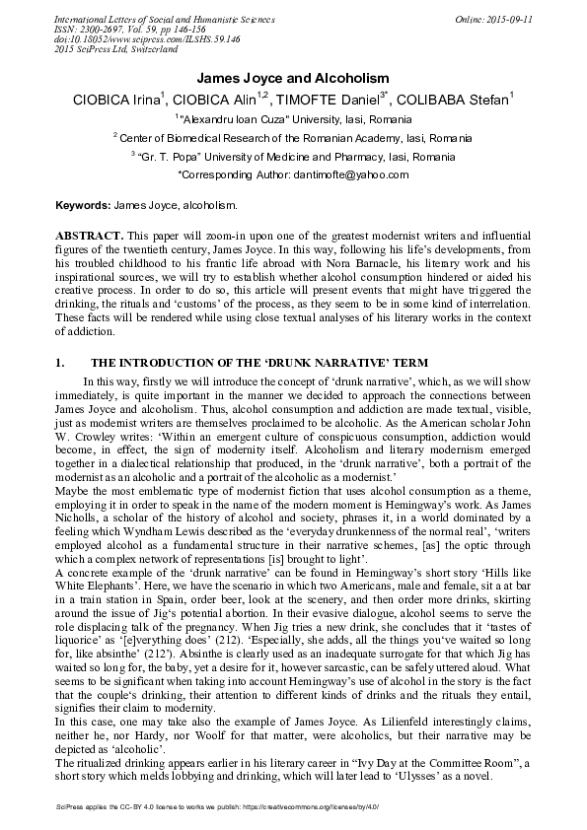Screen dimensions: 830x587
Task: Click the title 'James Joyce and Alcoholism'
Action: pyautogui.click(x=293, y=78)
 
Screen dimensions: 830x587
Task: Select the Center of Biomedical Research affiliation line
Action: pyautogui.click(x=293, y=138)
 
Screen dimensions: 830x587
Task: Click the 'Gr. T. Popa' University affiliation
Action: pyautogui.click(x=293, y=157)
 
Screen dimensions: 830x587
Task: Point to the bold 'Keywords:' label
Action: pyautogui.click(x=83, y=203)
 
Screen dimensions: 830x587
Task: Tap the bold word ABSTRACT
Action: pyautogui.click(x=89, y=238)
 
